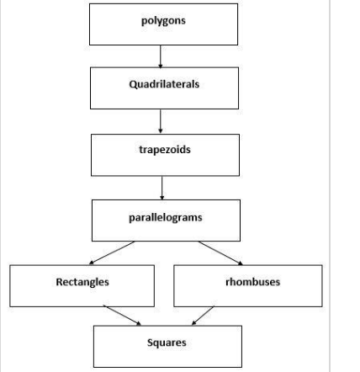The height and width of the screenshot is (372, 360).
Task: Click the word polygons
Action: (163, 20)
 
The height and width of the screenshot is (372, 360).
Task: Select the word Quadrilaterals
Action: (164, 85)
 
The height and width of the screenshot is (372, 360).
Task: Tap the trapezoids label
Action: (165, 149)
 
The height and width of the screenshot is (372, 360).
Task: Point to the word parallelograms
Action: (165, 216)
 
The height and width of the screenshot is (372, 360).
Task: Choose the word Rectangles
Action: (82, 282)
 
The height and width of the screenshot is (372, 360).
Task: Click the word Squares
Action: (167, 343)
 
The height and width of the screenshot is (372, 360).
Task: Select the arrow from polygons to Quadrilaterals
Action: (161, 56)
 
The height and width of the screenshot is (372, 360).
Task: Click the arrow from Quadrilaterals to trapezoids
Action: (161, 120)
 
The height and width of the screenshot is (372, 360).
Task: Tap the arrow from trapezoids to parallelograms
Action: (161, 187)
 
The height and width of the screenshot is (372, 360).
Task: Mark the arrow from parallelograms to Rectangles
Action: (113, 252)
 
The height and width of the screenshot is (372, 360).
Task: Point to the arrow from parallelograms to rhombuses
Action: (220, 252)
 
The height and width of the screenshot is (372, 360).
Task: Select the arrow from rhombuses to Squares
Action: (203, 316)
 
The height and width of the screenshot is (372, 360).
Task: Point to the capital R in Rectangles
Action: (59, 282)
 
